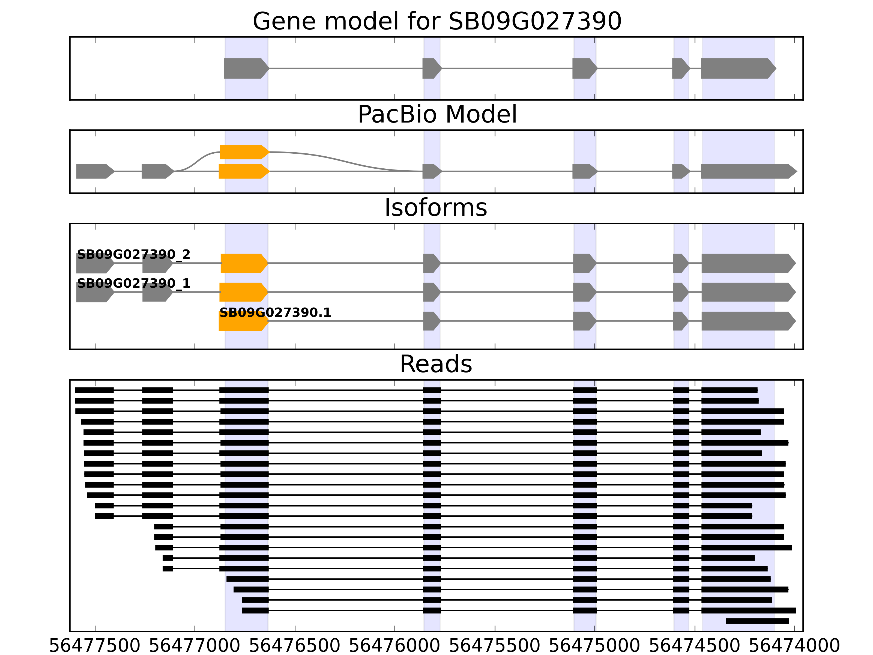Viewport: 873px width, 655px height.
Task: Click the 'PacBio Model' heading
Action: click(437, 115)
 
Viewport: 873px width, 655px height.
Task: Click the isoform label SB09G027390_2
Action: click(133, 254)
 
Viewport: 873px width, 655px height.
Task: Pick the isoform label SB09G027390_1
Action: click(133, 284)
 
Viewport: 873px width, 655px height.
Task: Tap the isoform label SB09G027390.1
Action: click(275, 313)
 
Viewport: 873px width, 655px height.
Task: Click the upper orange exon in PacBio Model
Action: click(244, 152)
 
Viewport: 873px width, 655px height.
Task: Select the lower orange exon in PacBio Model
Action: click(244, 171)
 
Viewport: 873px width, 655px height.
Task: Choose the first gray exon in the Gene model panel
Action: click(246, 68)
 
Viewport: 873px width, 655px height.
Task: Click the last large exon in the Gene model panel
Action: click(737, 68)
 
